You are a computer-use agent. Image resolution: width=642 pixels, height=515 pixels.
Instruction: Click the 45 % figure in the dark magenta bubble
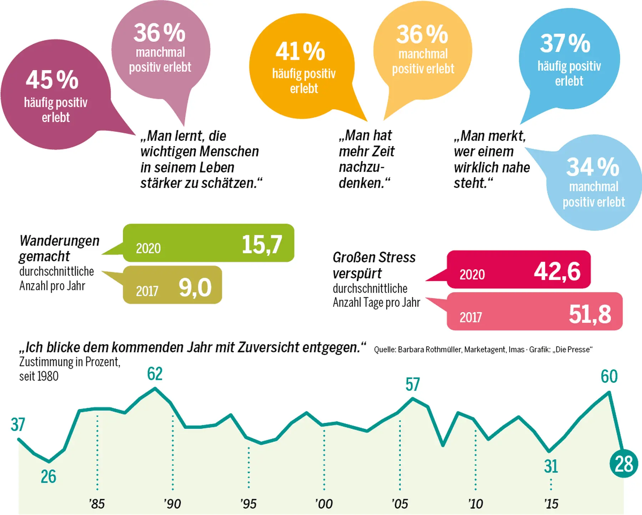point(52,80)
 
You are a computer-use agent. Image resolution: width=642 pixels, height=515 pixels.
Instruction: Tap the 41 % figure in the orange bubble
point(300,51)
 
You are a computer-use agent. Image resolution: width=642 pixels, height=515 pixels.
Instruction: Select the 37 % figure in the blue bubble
point(565,43)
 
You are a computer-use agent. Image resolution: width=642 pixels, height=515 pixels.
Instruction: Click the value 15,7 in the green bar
point(262,244)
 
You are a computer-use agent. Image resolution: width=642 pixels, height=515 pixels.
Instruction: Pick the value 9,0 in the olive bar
point(195,287)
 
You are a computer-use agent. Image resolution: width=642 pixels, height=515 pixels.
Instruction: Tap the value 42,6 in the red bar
point(557,271)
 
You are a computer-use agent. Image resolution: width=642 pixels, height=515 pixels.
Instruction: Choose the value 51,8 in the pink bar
point(590,314)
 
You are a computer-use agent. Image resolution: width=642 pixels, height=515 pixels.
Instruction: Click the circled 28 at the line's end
point(624,464)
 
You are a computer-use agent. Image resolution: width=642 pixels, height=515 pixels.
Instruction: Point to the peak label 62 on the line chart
point(155,374)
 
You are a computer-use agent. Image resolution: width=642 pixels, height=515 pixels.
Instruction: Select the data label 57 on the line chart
point(413,384)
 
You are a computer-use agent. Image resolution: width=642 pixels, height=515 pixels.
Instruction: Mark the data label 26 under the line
point(49,476)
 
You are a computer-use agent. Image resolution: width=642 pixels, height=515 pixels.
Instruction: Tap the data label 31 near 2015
point(551,466)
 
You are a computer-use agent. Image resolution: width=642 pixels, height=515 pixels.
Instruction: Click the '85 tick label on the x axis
point(97,504)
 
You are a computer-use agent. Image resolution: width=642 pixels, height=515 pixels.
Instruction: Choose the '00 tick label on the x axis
point(324,504)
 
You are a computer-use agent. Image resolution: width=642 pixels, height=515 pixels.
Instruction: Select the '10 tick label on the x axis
point(475,504)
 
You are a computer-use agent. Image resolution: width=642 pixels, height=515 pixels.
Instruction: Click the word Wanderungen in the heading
point(60,241)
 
